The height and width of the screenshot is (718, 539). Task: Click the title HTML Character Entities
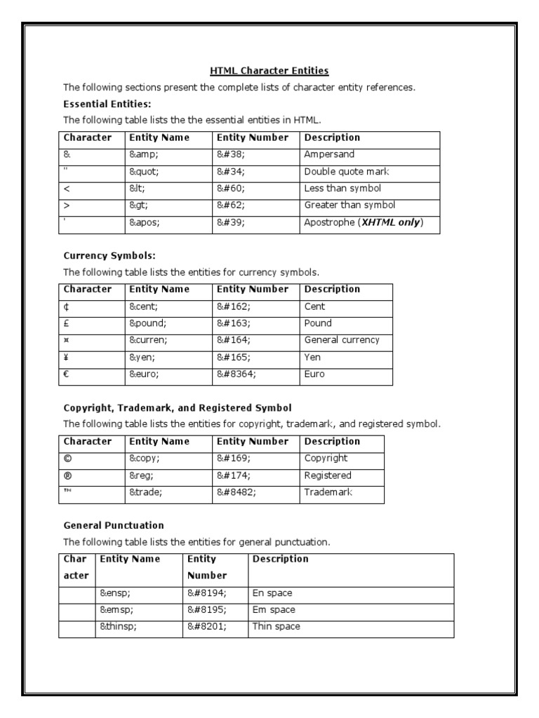click(x=269, y=71)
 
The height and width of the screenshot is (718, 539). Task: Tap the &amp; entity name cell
click(x=145, y=154)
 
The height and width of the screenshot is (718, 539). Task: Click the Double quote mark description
click(x=347, y=171)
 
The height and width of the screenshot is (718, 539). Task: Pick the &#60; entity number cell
click(x=232, y=188)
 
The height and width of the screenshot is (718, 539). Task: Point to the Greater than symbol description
click(x=350, y=205)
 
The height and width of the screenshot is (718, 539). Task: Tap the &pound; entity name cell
click(x=147, y=323)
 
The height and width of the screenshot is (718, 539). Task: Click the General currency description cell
click(x=342, y=340)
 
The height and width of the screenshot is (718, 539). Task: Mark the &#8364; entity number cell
click(x=237, y=374)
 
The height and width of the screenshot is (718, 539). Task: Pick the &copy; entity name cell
click(x=145, y=459)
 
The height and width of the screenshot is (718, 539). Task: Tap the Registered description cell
click(x=328, y=475)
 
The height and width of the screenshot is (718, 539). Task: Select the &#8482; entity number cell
click(x=237, y=492)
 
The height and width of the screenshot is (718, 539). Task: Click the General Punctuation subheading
click(x=114, y=525)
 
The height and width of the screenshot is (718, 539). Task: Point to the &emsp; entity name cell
click(x=117, y=610)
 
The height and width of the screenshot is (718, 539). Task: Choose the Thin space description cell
click(x=276, y=627)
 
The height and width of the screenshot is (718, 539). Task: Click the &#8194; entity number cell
click(x=207, y=593)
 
